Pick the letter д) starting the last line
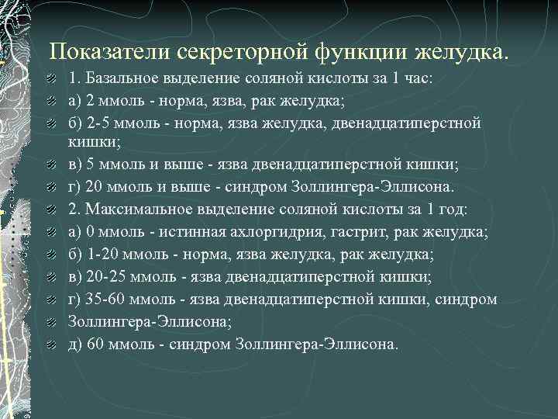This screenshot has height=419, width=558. [x=76, y=344]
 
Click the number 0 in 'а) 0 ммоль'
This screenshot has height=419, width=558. [x=88, y=232]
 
